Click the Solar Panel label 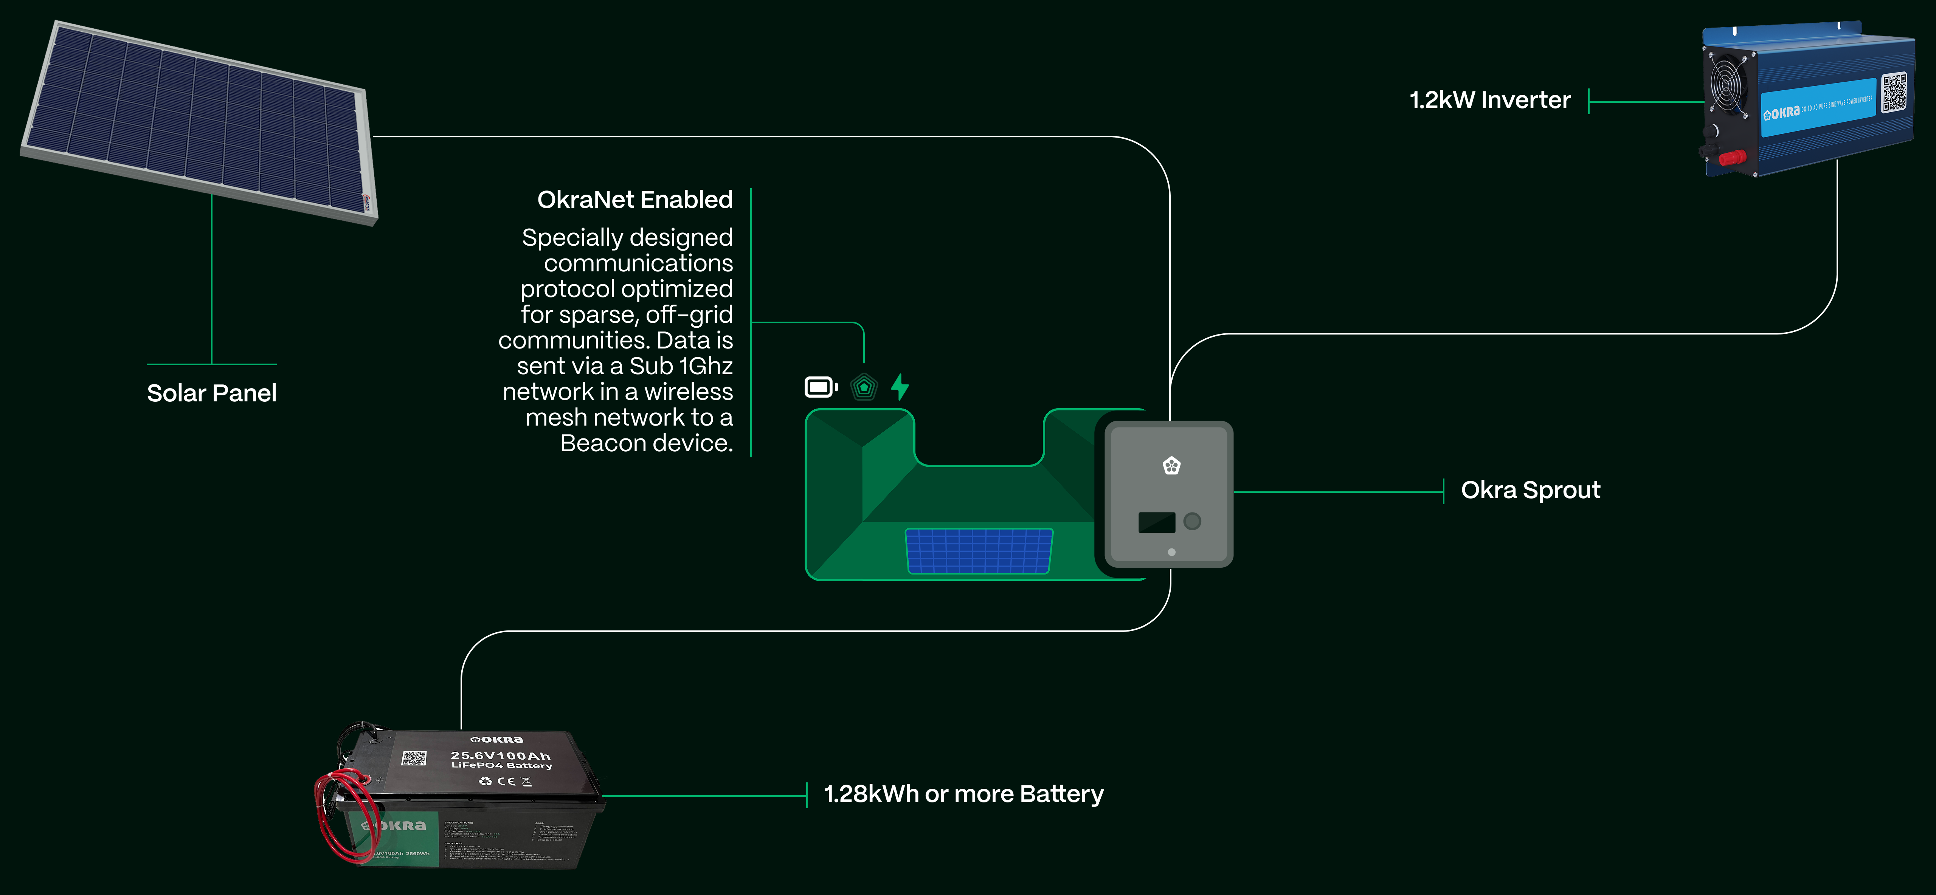point(211,393)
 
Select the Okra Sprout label point(1530,490)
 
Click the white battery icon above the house point(821,387)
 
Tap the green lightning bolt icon point(900,387)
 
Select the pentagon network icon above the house point(864,387)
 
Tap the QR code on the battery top point(413,757)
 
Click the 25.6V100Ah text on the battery point(501,755)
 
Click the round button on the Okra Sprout point(1192,521)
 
